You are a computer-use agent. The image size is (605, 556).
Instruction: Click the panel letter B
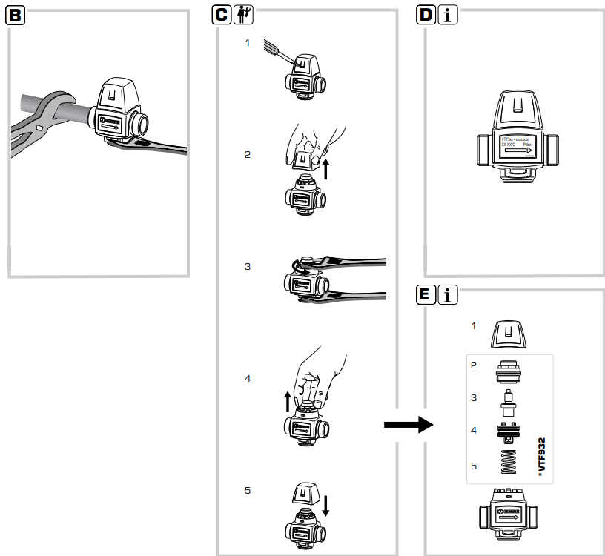coord(16,16)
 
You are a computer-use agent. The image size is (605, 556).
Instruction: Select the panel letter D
coord(425,15)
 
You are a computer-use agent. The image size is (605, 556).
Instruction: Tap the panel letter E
coord(425,294)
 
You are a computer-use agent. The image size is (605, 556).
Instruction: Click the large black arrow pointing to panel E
coord(408,425)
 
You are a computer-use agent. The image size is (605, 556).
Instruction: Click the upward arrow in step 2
coord(326,166)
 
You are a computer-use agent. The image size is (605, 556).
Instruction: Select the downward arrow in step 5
coord(326,505)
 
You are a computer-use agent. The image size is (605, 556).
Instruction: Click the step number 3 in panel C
coord(248,266)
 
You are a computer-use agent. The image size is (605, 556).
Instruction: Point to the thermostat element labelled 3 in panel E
coord(508,400)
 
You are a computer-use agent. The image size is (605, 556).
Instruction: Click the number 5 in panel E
coord(475,466)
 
